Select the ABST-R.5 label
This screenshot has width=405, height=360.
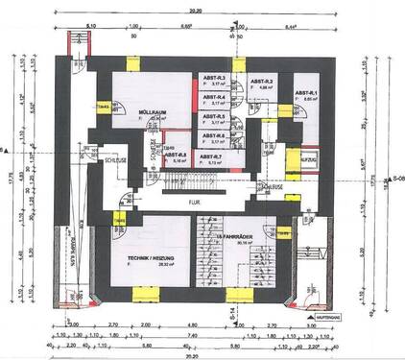[x=215, y=116]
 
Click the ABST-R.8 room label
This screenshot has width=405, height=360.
[x=176, y=155]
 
